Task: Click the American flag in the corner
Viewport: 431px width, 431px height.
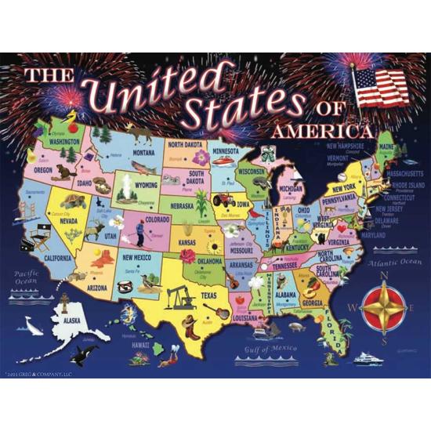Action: pos(382,88)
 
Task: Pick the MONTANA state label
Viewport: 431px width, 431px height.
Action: pos(143,154)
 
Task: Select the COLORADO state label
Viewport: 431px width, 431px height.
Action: pos(157,220)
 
